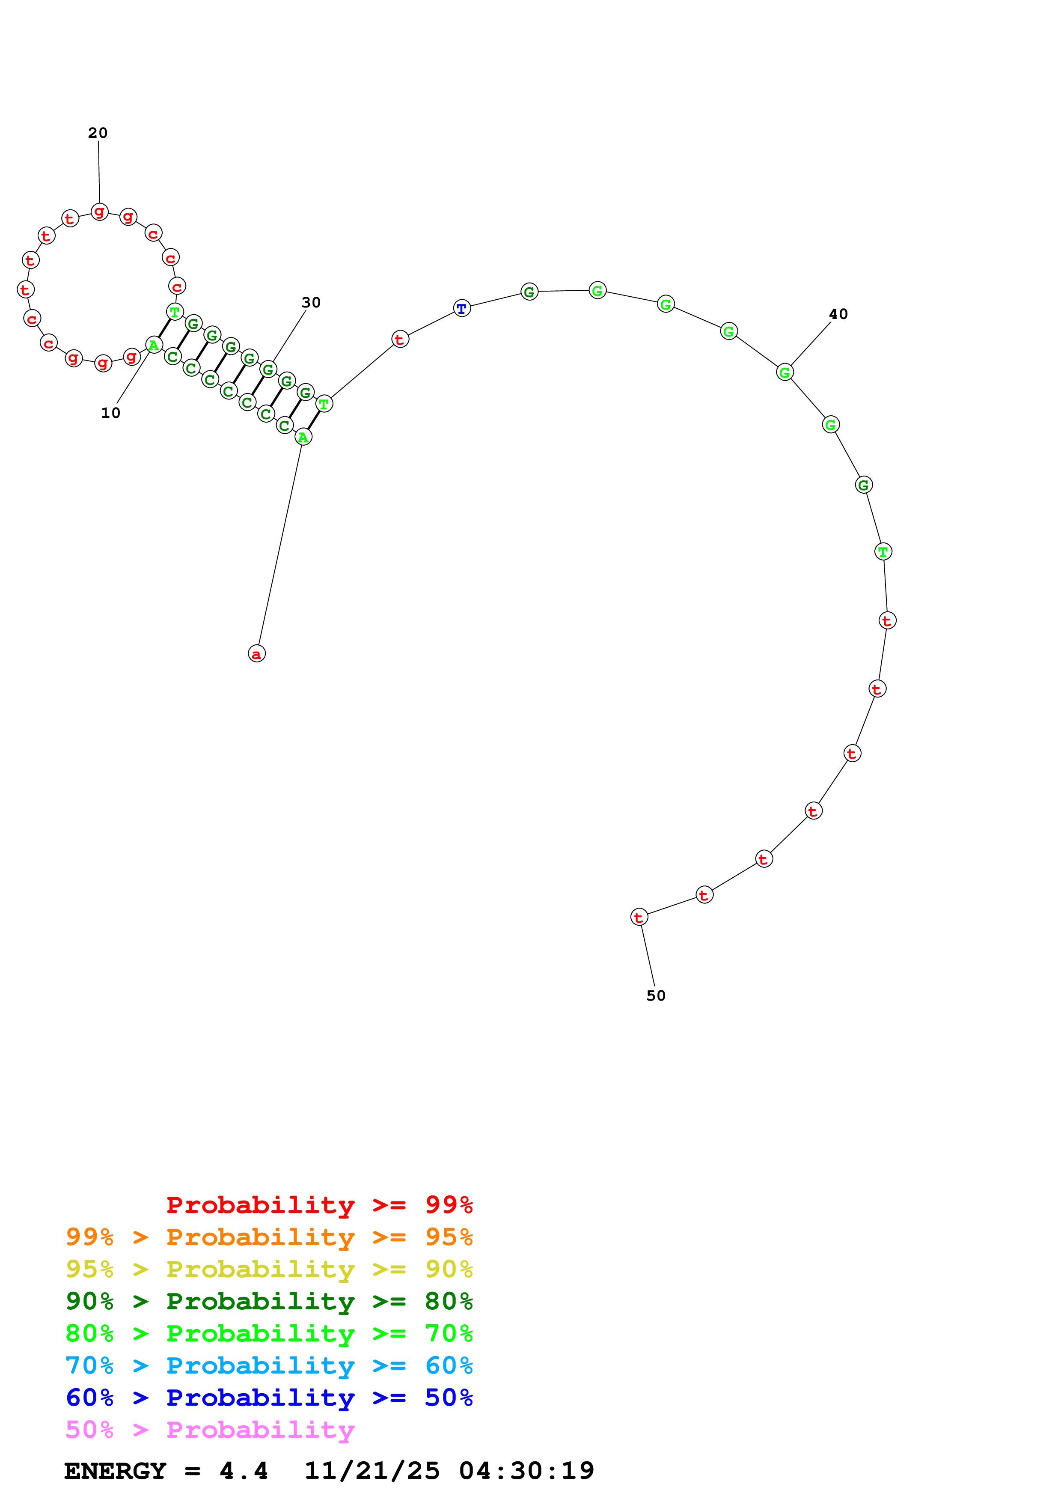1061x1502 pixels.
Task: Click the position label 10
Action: (110, 413)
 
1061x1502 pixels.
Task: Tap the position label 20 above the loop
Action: (98, 133)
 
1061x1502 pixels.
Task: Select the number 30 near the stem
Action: (311, 302)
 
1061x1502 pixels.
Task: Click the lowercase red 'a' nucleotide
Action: (257, 653)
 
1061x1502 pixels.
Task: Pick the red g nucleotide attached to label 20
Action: (99, 212)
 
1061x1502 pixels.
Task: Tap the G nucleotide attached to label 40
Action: (785, 372)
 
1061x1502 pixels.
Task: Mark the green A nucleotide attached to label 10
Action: (154, 345)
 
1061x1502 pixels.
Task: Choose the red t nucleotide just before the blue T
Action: (400, 339)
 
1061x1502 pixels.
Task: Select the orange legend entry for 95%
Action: (269, 1237)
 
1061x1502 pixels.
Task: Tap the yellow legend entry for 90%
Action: (269, 1269)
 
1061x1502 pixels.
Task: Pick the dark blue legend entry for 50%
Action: (269, 1398)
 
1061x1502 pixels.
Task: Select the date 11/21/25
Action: (372, 1471)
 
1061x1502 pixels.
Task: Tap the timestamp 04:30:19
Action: (526, 1471)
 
